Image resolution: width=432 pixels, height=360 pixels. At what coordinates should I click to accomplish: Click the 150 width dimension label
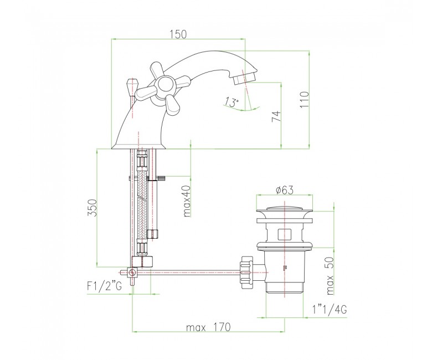pyautogui.click(x=178, y=34)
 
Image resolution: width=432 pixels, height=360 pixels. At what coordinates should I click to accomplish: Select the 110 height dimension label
pyautogui.click(x=305, y=100)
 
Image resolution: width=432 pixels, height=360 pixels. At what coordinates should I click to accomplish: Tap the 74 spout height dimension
pyautogui.click(x=276, y=116)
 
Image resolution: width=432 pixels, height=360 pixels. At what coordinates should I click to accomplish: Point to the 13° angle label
pyautogui.click(x=232, y=102)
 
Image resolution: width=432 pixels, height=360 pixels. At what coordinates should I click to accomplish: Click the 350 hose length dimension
pyautogui.click(x=93, y=208)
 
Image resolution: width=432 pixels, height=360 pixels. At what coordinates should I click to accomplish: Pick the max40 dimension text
pyautogui.click(x=187, y=201)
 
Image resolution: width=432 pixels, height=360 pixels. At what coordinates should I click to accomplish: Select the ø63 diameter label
pyautogui.click(x=284, y=190)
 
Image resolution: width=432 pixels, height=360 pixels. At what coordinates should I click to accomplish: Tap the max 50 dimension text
pyautogui.click(x=330, y=276)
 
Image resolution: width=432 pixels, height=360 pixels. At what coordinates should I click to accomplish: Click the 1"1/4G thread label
pyautogui.click(x=330, y=310)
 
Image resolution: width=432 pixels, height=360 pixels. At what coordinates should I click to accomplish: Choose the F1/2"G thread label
pyautogui.click(x=104, y=286)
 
